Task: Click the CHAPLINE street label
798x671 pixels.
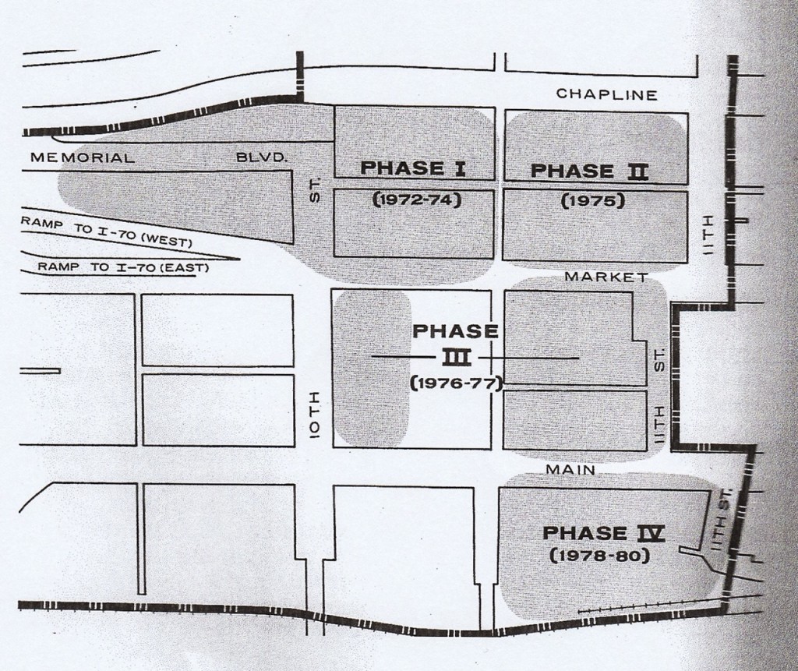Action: (x=607, y=94)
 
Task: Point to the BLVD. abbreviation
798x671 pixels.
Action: (x=263, y=157)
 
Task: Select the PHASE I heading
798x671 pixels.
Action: (x=414, y=168)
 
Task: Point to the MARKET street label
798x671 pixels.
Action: (x=607, y=277)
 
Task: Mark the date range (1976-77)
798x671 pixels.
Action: (x=455, y=383)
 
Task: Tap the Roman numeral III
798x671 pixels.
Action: (x=454, y=357)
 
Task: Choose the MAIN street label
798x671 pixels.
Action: (x=571, y=470)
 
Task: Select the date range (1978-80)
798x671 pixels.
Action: (x=600, y=557)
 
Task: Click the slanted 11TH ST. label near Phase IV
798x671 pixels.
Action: (x=718, y=519)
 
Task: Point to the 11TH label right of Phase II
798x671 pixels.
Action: (x=710, y=237)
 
